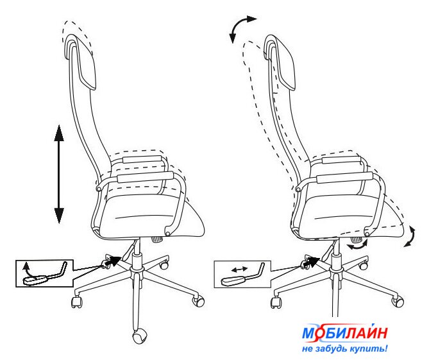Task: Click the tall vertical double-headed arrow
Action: pyautogui.click(x=59, y=174)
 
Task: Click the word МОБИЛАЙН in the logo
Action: pyautogui.click(x=345, y=333)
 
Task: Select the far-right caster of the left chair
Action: pyautogui.click(x=198, y=300)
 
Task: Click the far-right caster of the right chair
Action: pyautogui.click(x=398, y=301)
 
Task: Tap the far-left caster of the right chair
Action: pyautogui.click(x=276, y=302)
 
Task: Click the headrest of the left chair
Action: pyautogui.click(x=81, y=62)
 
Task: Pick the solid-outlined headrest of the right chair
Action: pyautogui.click(x=280, y=62)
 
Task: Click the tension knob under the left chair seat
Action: pyautogui.click(x=157, y=239)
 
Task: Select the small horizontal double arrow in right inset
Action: pyautogui.click(x=239, y=270)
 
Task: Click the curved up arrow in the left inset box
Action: pyautogui.click(x=28, y=270)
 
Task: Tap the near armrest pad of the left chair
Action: pyautogui.click(x=146, y=177)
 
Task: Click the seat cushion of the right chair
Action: pyautogui.click(x=353, y=214)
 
